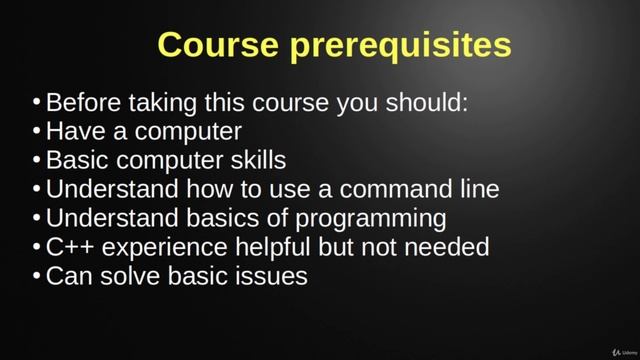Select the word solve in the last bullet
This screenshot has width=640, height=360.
pos(134,276)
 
